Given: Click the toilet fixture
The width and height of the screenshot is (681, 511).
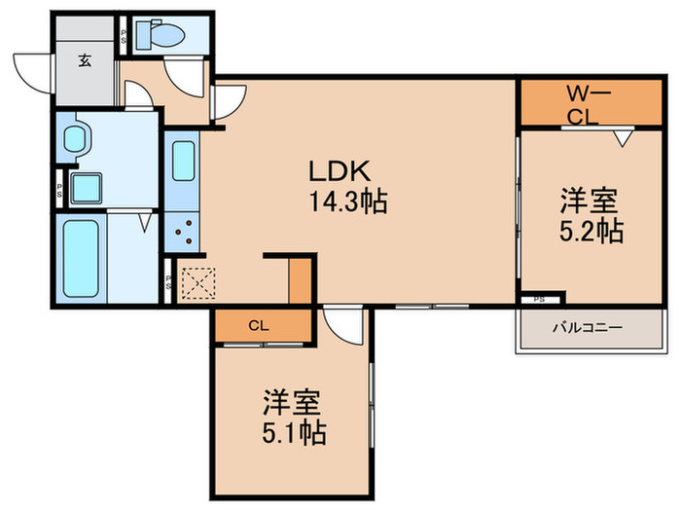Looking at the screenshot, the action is pos(161,35).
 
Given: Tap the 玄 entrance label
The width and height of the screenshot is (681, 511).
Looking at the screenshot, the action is pos(85,60).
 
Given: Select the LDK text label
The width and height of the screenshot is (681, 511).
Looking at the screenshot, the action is pos(340,170).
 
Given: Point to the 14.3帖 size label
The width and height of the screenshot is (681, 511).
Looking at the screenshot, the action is pos(347,201).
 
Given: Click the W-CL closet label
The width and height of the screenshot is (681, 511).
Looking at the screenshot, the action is pos(589,105).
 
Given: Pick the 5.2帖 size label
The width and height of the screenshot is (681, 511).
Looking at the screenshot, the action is pos(591,231).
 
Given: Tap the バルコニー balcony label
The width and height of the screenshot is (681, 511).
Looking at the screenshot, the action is pos(588,327).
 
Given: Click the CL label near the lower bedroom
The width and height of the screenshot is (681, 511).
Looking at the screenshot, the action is pos(259,325).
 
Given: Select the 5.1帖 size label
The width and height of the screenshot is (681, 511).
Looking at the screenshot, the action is pos(294,431).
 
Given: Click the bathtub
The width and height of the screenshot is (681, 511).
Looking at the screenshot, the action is pos(81,259).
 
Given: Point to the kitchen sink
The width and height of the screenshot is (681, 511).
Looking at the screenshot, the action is pos(183,161).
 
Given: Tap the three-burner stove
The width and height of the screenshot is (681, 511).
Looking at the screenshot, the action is pos(183,232).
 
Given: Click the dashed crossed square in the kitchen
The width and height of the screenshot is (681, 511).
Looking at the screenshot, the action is pos(198,283).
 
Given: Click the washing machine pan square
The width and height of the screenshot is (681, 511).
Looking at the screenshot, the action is pos(86,188).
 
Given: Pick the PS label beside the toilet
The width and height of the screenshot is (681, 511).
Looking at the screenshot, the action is pos(123,37).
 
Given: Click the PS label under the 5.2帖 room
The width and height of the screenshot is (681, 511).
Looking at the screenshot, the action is pos(539,300).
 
